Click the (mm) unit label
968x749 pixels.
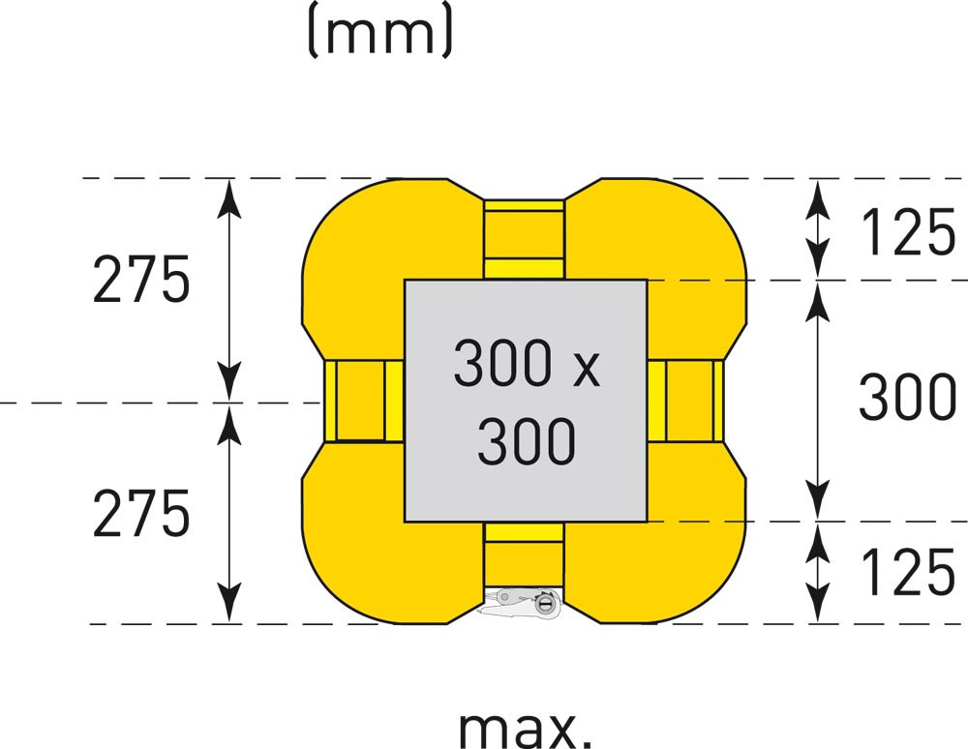378,32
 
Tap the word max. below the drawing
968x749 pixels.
524,728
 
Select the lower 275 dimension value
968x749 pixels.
141,514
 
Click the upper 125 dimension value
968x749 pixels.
907,234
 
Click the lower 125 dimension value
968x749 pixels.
907,573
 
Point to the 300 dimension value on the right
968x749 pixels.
907,399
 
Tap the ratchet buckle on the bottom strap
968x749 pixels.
524,603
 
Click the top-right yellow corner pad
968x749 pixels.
668,232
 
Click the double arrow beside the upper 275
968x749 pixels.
228,289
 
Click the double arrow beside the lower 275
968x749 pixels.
228,513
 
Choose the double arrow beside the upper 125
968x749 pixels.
819,228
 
